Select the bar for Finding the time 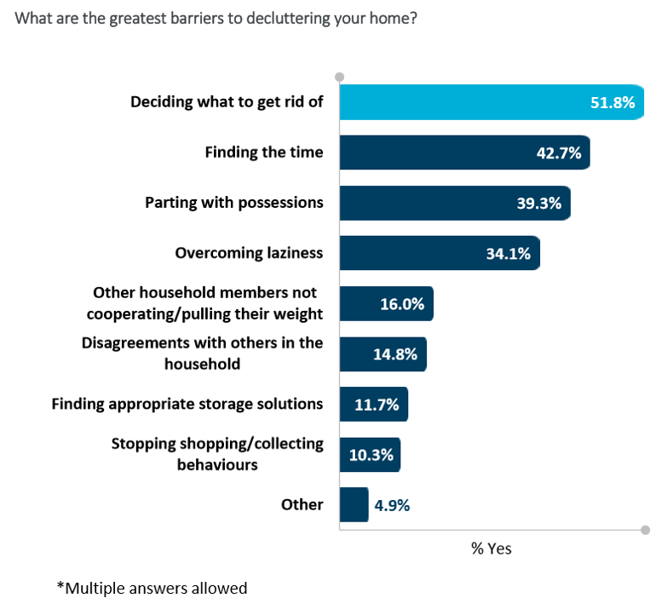click(464, 152)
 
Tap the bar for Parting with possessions click(455, 203)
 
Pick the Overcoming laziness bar click(440, 253)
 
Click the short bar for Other click(354, 504)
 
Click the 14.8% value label click(394, 354)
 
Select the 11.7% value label click(377, 405)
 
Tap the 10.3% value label click(371, 455)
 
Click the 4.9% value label click(392, 505)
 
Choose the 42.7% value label click(559, 153)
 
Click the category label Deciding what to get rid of click(227, 102)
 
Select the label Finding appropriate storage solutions click(187, 404)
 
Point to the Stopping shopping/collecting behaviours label click(217, 454)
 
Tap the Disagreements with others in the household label click(203, 354)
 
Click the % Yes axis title click(492, 549)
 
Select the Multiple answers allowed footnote click(152, 588)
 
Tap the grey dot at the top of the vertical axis click(340, 77)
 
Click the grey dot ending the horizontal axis click(645, 530)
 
